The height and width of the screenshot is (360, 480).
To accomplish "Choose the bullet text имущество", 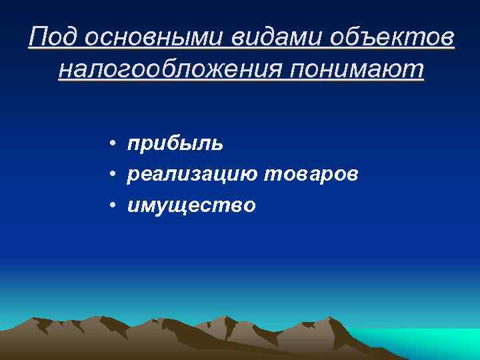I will [x=191, y=205].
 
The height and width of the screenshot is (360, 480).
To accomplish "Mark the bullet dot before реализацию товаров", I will [x=115, y=175].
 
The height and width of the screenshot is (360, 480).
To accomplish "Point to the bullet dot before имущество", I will [x=115, y=206].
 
